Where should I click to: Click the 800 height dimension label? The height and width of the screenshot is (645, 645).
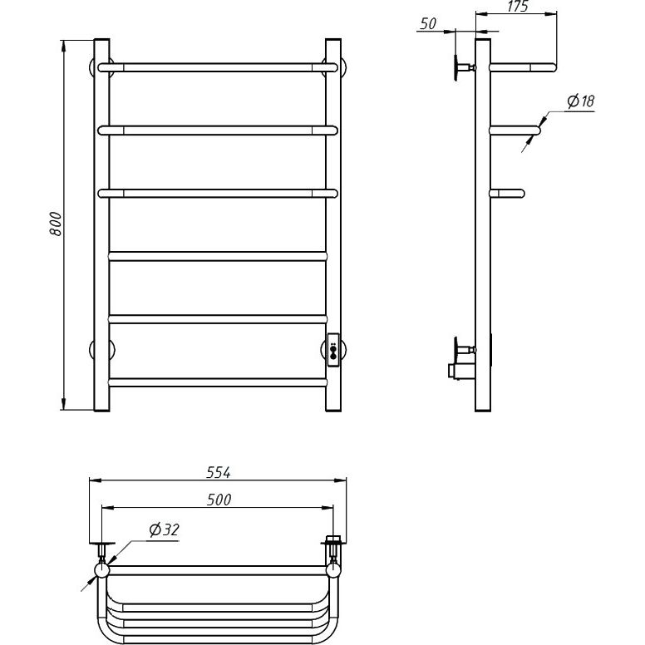click(x=55, y=224)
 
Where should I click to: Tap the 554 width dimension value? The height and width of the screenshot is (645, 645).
click(x=218, y=473)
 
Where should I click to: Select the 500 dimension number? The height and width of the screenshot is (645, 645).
click(x=219, y=500)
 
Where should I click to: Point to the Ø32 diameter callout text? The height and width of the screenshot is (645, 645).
click(x=165, y=529)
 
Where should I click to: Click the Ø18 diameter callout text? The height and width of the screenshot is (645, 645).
click(x=581, y=101)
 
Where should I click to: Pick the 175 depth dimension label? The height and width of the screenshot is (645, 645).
click(x=518, y=6)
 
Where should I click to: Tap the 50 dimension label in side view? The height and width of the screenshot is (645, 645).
click(x=428, y=24)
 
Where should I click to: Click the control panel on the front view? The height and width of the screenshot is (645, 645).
click(x=333, y=350)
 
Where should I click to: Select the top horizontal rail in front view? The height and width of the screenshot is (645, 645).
click(x=218, y=67)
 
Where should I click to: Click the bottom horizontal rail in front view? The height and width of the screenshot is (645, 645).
click(x=218, y=382)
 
